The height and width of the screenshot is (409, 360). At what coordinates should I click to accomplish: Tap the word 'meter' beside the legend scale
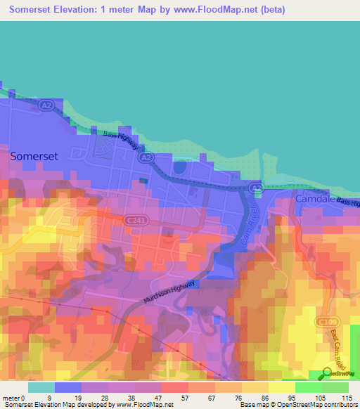12,397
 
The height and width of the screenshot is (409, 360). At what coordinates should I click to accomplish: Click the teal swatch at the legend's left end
41,387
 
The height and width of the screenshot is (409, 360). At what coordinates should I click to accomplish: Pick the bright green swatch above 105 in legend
309,387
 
